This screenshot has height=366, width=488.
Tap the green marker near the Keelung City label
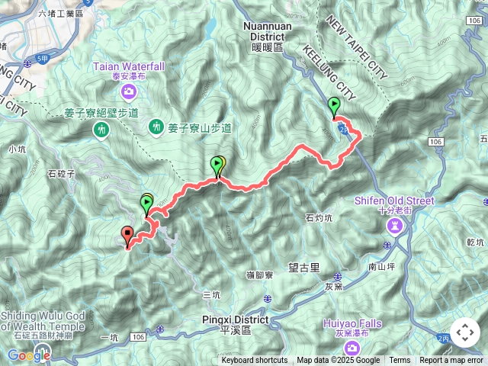[x=334, y=107]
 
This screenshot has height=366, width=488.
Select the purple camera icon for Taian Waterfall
[x=129, y=93]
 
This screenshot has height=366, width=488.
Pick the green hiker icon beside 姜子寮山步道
[x=157, y=126]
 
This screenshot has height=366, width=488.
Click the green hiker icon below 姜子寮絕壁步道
[x=100, y=131]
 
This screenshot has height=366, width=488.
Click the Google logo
[x=28, y=355]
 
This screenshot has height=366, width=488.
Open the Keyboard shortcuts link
[x=255, y=361]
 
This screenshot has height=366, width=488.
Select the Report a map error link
[x=451, y=361]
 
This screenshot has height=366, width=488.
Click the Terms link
[x=400, y=361]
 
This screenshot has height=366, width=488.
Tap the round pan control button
[x=465, y=332]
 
